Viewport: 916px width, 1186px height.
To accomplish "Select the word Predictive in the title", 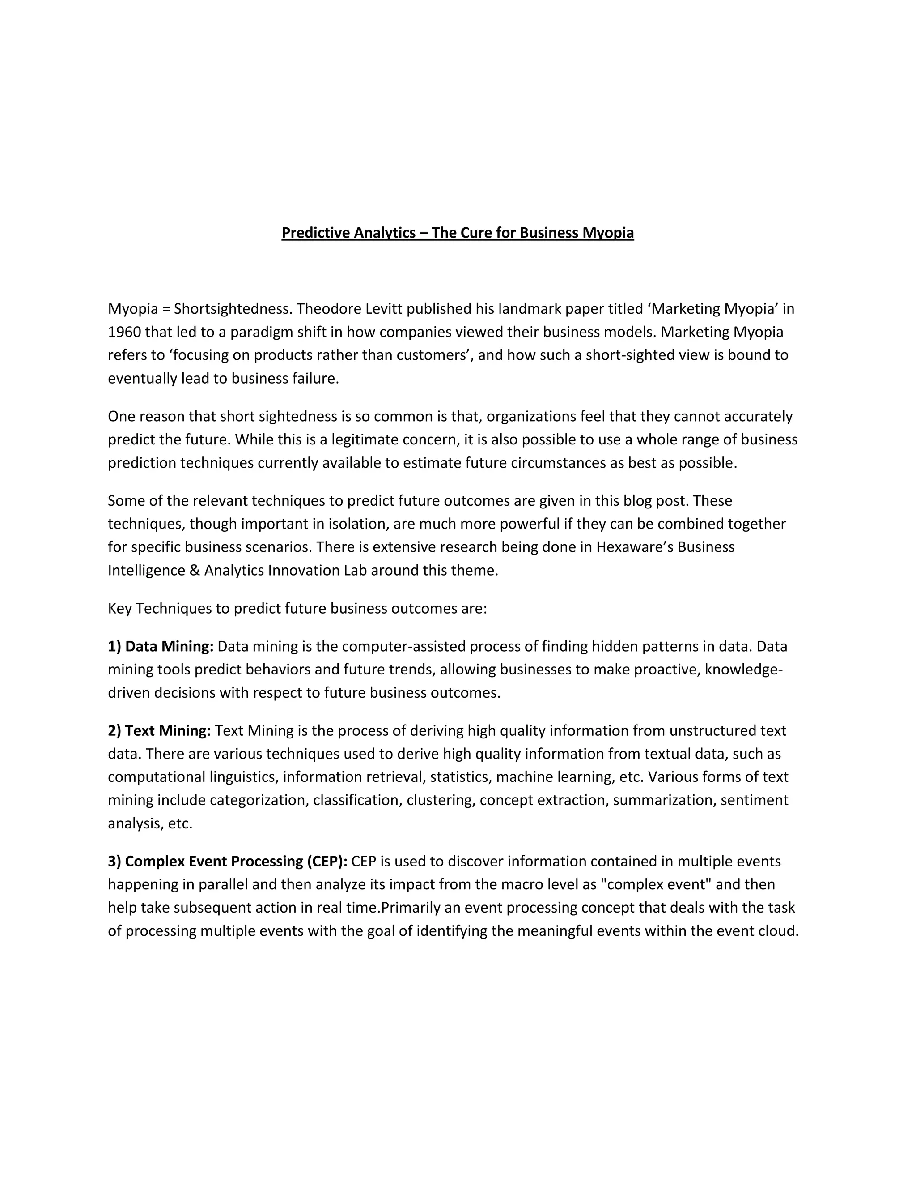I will [x=316, y=233].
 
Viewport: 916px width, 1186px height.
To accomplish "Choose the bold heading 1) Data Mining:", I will [x=161, y=647].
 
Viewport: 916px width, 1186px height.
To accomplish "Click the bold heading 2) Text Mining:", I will [x=159, y=731].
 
